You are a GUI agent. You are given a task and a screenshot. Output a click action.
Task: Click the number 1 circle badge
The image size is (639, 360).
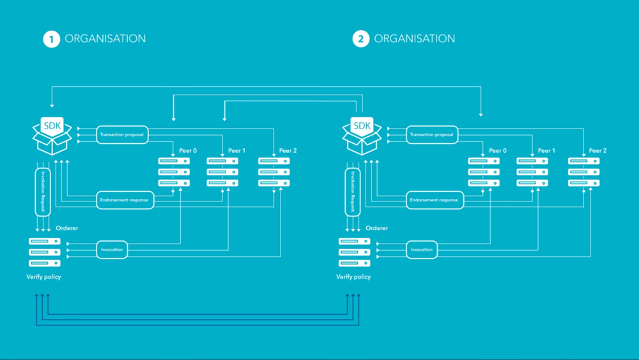(51, 39)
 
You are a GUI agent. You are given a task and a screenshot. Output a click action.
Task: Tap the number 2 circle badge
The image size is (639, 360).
(360, 39)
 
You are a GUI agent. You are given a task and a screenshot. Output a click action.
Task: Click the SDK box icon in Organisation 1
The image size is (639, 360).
(51, 135)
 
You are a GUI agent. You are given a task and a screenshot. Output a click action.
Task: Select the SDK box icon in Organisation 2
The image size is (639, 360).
(362, 135)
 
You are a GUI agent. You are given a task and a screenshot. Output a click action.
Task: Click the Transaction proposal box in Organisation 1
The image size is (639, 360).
(123, 135)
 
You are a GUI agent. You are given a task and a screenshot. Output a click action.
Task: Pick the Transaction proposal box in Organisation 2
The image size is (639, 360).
(432, 135)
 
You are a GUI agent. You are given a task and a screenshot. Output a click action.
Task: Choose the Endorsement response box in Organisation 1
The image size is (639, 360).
(125, 200)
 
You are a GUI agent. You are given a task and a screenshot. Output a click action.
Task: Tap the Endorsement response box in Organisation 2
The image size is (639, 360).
(434, 200)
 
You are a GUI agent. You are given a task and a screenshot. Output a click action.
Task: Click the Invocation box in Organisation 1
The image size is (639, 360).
(112, 249)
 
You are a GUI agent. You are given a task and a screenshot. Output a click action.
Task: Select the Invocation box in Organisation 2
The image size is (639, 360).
(422, 249)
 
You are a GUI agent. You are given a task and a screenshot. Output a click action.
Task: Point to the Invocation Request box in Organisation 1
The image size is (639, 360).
(42, 192)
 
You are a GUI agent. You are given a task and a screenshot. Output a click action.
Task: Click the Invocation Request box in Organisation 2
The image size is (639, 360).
(353, 192)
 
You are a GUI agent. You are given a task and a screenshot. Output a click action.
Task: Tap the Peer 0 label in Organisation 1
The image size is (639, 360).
(188, 151)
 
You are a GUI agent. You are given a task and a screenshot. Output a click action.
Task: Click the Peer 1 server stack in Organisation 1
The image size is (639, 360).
(222, 172)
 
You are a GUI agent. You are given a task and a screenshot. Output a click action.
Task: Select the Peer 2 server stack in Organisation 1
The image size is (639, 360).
(273, 172)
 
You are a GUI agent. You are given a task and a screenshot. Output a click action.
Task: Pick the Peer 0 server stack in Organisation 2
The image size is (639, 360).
(484, 172)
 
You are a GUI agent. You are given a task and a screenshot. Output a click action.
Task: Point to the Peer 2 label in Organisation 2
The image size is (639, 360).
(597, 151)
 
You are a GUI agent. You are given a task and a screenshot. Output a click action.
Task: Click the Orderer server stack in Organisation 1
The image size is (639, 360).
(44, 252)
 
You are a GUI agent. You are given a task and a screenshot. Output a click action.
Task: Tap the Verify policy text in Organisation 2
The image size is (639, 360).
(353, 277)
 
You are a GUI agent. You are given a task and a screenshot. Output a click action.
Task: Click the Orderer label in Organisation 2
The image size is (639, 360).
(376, 228)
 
